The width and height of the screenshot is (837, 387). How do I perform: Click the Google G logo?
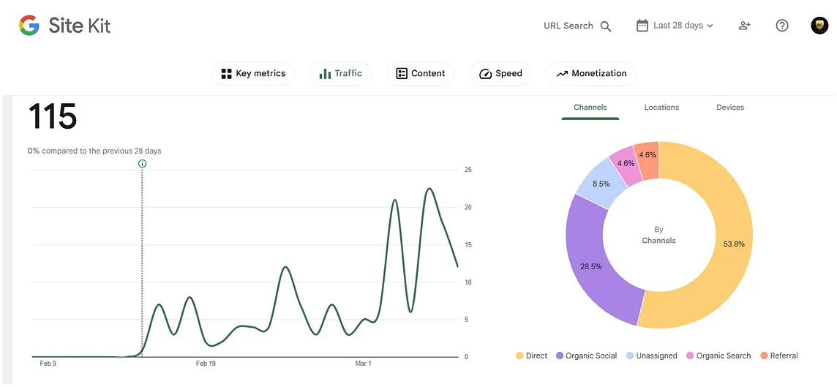point(29,25)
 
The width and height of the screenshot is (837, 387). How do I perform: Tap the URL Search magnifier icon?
point(605,26)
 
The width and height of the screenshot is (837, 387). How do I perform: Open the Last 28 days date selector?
point(675,26)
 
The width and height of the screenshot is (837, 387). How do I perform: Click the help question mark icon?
point(782,26)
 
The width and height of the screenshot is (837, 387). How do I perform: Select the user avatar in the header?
point(819,26)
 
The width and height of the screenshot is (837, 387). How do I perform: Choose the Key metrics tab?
point(253,74)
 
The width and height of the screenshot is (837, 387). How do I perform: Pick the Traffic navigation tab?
point(340,74)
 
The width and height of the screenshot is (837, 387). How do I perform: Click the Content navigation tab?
point(420,74)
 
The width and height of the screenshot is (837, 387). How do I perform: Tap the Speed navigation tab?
point(500,74)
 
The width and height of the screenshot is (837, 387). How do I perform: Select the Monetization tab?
point(591,74)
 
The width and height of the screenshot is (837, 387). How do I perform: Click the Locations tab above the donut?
point(661,108)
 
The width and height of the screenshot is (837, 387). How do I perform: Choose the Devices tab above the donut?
point(730,108)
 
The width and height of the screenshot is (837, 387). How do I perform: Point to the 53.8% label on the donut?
point(734,244)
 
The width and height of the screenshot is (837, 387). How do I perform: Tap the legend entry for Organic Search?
point(718,356)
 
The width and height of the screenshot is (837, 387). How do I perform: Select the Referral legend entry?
point(779,356)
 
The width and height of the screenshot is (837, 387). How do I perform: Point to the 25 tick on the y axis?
point(468,170)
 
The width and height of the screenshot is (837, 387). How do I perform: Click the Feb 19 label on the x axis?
point(206,364)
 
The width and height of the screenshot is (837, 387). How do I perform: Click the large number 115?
point(53,116)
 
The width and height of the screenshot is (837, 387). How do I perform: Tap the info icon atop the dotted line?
point(142,163)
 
